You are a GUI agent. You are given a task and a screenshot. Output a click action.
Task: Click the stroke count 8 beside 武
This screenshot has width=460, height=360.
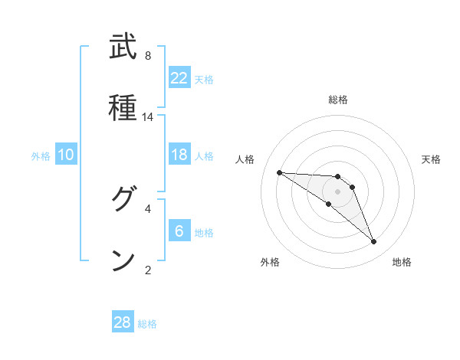pos(148,56)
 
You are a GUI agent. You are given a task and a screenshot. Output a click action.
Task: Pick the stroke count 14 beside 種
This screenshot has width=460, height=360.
pos(148,117)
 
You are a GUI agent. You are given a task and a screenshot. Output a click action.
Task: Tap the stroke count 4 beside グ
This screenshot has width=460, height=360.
pos(148,208)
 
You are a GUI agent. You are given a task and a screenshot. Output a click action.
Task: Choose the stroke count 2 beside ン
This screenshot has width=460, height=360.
pos(148,269)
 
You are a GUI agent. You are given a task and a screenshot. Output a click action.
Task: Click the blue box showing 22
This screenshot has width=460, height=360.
pos(179,78)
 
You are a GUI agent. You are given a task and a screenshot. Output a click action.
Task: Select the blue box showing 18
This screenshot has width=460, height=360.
pos(179,155)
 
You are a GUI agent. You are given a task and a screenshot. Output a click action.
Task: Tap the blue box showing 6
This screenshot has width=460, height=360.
pos(179,231)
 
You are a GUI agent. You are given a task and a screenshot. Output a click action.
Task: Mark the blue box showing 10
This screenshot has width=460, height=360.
pos(66,155)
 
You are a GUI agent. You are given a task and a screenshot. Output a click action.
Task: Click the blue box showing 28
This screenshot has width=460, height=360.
pos(123,322)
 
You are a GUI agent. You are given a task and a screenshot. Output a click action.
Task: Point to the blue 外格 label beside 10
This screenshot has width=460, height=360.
pos(41,156)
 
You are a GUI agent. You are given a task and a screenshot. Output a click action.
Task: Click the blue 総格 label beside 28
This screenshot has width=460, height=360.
pos(147,324)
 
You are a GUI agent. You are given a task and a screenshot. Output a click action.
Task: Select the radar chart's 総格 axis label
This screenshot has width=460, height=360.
pos(338,100)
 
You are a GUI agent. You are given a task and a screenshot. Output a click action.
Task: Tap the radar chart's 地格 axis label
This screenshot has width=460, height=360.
pos(402,262)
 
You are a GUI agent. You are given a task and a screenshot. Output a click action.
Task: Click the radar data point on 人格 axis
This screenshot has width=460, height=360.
pos(279,172)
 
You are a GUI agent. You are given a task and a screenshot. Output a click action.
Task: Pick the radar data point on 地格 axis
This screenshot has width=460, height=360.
pos(373,242)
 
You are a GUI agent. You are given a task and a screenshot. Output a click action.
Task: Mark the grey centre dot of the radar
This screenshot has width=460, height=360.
pos(337,191)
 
